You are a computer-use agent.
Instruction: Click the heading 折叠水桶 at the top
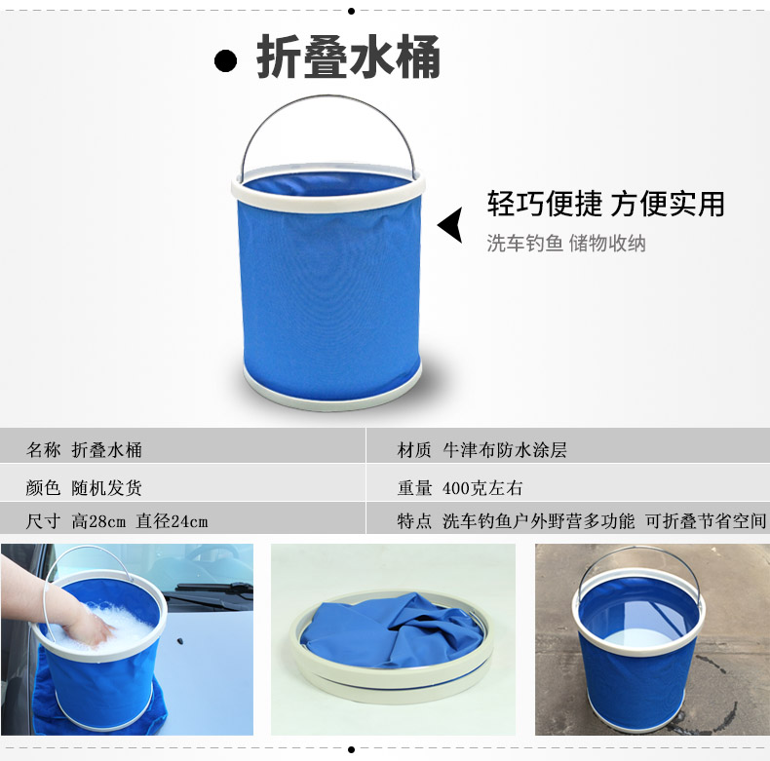[348, 57]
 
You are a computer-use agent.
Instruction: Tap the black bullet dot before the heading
[225, 60]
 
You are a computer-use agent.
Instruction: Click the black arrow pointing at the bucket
[450, 225]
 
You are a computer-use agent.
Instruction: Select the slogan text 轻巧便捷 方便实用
[606, 204]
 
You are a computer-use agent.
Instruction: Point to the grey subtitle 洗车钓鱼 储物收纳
[566, 243]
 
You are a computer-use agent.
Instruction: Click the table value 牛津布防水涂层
[505, 450]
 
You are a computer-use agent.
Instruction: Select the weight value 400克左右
[482, 488]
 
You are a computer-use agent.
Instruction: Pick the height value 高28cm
[98, 521]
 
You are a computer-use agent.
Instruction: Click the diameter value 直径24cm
[172, 521]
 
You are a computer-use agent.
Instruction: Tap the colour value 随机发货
[106, 488]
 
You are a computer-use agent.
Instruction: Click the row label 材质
[414, 450]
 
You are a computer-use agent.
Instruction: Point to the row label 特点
[414, 521]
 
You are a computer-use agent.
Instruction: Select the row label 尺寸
[43, 521]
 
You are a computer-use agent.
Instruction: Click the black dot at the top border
[351, 11]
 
